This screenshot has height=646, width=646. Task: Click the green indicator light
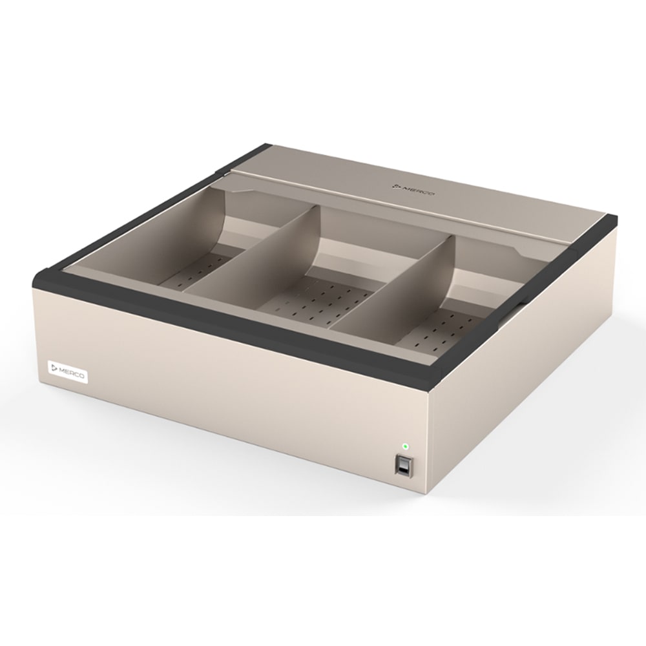tap(405, 446)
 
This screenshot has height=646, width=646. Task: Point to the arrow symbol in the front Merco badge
tap(54, 368)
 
